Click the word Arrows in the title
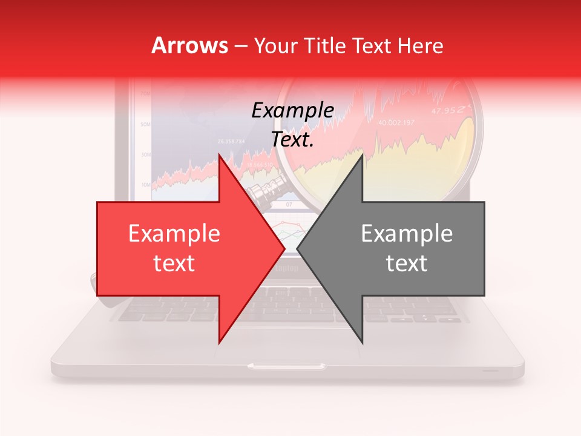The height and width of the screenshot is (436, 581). pyautogui.click(x=189, y=45)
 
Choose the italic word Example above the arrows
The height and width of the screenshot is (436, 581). pyautogui.click(x=293, y=111)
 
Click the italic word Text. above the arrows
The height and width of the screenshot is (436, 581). pyautogui.click(x=293, y=139)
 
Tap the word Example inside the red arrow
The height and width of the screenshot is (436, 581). pyautogui.click(x=174, y=234)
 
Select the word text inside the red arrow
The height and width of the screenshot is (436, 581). pyautogui.click(x=174, y=263)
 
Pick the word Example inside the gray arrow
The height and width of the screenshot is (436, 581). pyautogui.click(x=407, y=234)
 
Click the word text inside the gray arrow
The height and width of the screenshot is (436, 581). pyautogui.click(x=407, y=263)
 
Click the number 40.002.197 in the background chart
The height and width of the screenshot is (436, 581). pyautogui.click(x=396, y=123)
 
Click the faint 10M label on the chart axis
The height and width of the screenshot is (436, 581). pyautogui.click(x=145, y=184)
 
